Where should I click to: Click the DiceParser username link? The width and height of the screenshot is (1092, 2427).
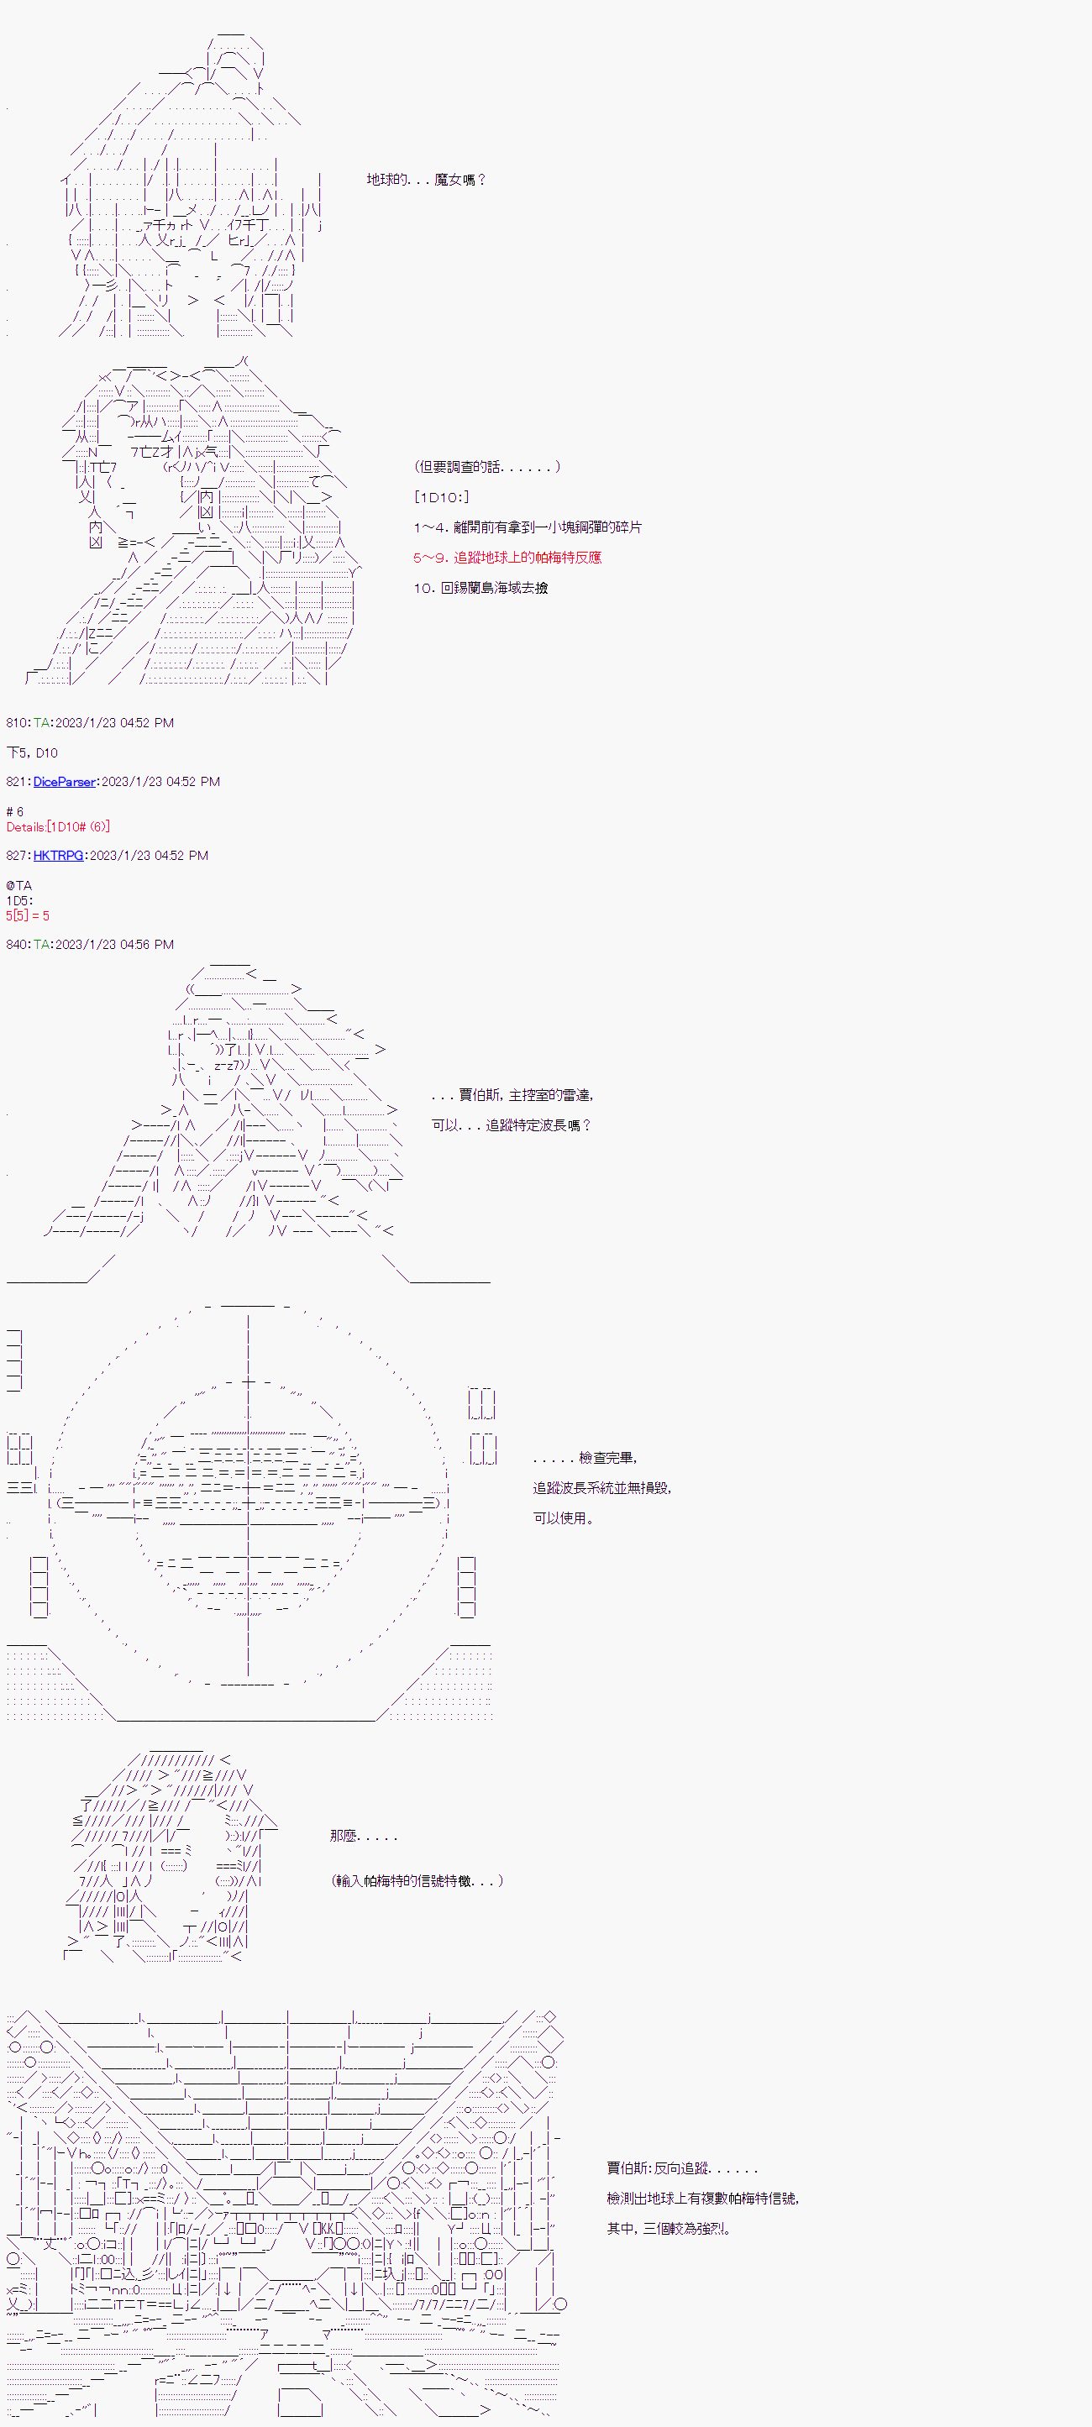64,781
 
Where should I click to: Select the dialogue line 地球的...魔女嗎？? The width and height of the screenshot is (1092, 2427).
426,179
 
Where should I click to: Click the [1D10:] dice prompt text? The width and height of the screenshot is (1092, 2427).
441,496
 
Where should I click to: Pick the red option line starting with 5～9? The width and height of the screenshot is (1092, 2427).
507,557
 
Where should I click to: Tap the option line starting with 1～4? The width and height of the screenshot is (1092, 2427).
527,527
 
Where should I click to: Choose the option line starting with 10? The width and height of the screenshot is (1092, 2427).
480,587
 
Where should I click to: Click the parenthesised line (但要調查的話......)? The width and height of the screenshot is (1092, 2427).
486,466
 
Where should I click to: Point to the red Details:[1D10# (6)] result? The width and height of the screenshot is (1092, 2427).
57,826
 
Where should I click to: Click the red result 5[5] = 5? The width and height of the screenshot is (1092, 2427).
28,915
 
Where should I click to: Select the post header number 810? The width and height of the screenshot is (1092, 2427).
17,722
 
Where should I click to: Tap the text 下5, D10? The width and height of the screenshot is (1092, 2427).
32,752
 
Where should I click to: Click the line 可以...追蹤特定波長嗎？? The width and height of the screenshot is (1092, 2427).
512,1125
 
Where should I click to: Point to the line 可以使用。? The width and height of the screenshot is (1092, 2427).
564,1518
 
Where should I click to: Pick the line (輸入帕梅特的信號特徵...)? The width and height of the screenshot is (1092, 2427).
417,1880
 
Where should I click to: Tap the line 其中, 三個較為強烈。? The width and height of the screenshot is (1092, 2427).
668,2228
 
